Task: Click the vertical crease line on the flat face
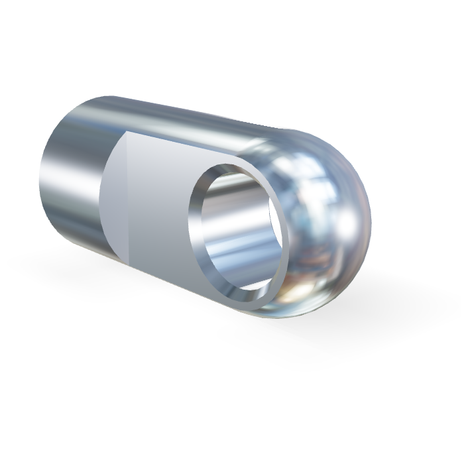tap(127, 199)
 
